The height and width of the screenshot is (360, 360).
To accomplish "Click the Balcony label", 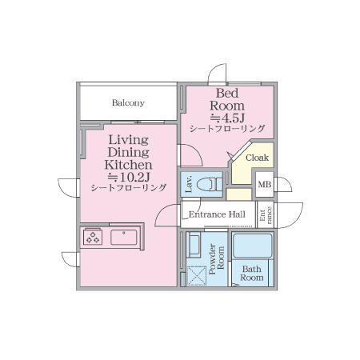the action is [128, 103].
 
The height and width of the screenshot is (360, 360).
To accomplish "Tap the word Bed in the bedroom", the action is [227, 94].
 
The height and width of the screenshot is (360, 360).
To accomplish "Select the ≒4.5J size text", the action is [227, 118].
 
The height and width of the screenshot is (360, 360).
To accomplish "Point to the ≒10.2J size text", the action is [129, 177].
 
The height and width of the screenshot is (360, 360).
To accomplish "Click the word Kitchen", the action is [129, 165].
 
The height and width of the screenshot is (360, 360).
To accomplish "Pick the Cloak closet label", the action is [257, 158].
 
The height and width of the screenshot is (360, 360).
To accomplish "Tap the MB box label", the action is [265, 185].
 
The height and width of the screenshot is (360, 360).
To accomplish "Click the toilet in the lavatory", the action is [210, 184].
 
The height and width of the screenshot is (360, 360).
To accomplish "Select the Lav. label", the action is [189, 184].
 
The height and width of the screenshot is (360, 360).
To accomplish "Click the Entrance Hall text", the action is [217, 214].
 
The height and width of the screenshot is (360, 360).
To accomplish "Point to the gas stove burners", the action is [93, 237].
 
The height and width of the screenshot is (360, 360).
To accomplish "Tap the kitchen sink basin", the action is [124, 238].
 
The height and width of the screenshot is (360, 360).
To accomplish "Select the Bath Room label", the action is [252, 274].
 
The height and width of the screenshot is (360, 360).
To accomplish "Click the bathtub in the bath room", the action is [252, 246].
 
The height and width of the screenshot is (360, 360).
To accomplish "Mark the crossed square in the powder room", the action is [197, 276].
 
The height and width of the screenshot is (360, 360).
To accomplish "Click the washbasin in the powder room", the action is [194, 245].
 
